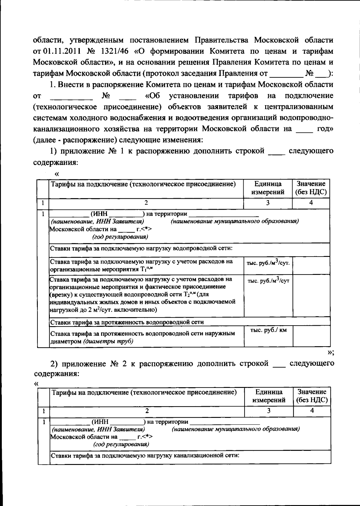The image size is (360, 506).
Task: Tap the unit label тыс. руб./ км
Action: tap(268, 330)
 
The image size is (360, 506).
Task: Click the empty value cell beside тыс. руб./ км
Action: tap(311, 336)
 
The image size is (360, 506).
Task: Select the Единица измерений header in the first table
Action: tap(268, 188)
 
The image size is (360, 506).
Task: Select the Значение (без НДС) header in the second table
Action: tap(312, 396)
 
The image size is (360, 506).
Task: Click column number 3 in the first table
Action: tap(268, 203)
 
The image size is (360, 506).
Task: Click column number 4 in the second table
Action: tap(312, 411)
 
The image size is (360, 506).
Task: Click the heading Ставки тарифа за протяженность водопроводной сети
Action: tap(127, 322)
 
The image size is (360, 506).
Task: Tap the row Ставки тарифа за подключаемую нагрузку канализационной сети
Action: tap(144, 456)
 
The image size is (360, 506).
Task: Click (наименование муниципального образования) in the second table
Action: tap(236, 429)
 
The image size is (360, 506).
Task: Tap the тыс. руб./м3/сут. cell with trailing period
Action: tap(268, 263)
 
